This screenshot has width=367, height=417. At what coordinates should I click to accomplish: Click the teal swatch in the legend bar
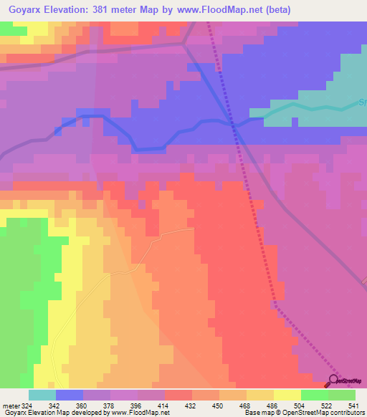click(x=42, y=395)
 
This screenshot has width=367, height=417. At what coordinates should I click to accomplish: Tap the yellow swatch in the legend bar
click(x=287, y=395)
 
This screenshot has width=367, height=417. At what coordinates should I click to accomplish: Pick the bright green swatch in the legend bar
click(x=314, y=395)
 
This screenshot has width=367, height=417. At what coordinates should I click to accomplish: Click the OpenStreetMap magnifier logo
click(x=334, y=380)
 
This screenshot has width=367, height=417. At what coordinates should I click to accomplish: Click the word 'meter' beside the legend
click(x=11, y=405)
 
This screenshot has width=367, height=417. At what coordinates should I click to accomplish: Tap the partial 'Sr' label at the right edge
click(x=362, y=102)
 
